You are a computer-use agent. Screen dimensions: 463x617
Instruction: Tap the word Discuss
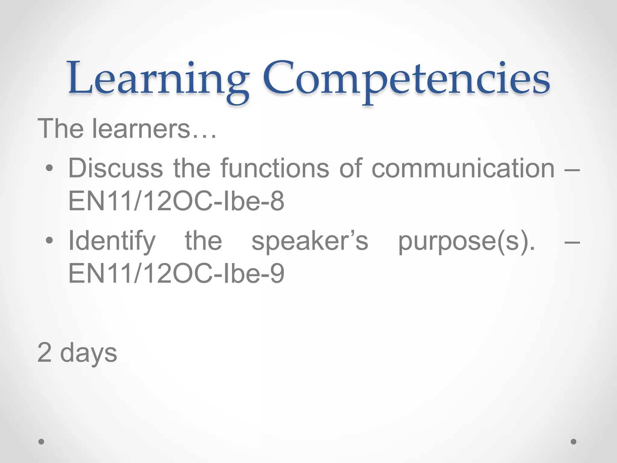point(116,168)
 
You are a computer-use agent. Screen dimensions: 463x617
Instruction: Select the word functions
point(275,168)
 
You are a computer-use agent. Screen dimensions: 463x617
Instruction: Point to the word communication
point(463,168)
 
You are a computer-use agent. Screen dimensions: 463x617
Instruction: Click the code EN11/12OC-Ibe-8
point(176,201)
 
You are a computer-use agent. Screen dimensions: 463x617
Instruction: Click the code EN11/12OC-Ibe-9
point(176,273)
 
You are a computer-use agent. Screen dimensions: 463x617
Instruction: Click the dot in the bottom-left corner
point(41,442)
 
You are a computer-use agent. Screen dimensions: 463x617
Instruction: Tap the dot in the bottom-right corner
point(574,442)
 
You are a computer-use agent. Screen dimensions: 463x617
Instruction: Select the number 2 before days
point(45,352)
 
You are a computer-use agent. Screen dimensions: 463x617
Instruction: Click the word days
point(89,353)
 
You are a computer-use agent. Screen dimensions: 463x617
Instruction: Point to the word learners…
point(154,129)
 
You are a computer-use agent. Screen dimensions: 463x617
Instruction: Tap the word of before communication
point(351,168)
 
